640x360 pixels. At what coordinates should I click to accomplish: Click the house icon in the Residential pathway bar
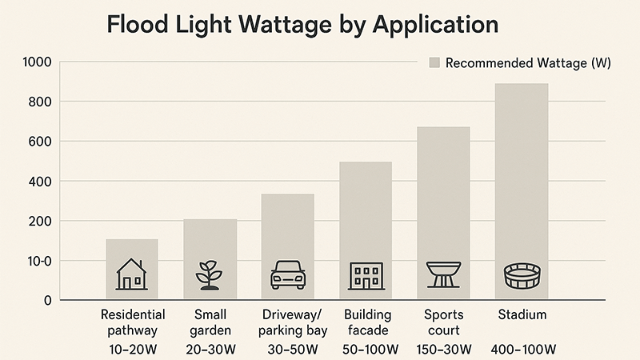(131, 274)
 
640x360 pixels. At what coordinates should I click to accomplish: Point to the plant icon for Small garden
(209, 275)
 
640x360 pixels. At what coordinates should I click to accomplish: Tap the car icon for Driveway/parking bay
(288, 275)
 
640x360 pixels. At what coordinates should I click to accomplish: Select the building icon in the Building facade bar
(366, 275)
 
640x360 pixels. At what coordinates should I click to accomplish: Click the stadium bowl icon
(522, 276)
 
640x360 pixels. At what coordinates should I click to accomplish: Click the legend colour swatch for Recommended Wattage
(434, 63)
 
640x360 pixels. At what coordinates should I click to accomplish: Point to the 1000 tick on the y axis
(38, 62)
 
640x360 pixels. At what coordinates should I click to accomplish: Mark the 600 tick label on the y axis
(40, 142)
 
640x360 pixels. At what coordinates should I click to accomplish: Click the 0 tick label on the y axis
(47, 300)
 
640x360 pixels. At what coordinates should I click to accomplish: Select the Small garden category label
(210, 322)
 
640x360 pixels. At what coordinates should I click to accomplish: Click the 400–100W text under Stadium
(523, 350)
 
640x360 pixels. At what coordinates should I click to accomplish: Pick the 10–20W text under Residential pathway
(133, 350)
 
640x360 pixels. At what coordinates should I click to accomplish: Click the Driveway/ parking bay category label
(288, 322)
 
